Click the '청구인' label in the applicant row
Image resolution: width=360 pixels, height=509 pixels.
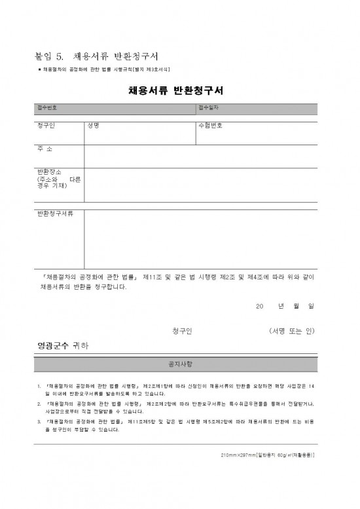point(46,126)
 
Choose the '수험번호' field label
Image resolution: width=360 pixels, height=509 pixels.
point(210,126)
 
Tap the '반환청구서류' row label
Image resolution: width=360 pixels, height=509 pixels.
point(56,215)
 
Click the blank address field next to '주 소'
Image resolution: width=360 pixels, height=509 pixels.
point(200,156)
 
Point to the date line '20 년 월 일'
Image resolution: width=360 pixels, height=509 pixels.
point(285,306)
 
